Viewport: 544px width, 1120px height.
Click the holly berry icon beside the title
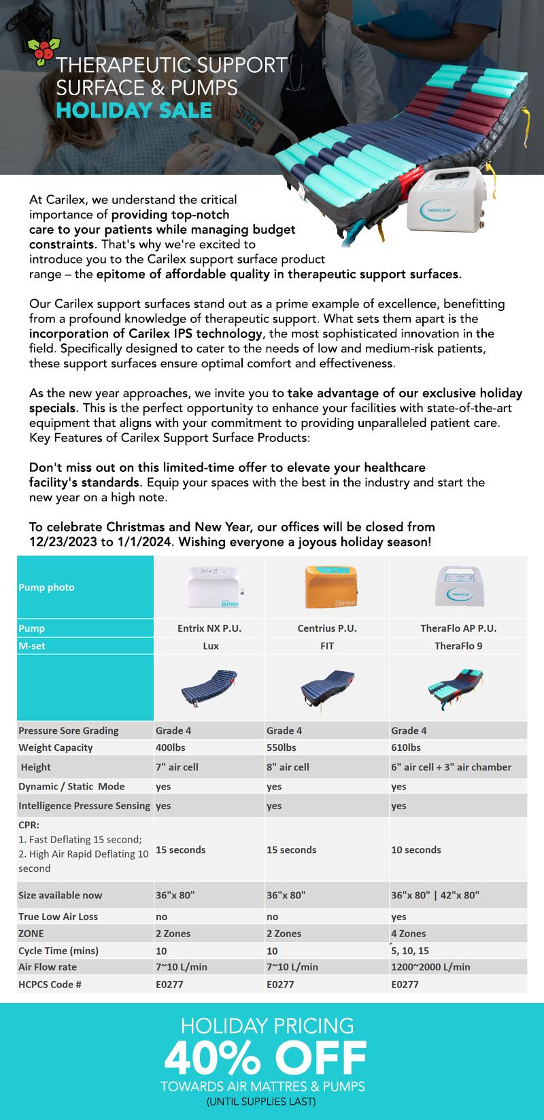click(42, 53)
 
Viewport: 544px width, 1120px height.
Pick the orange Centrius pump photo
click(327, 586)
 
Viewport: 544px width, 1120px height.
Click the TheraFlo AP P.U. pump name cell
click(458, 628)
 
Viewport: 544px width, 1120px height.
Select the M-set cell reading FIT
click(327, 645)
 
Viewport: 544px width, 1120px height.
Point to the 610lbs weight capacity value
click(406, 747)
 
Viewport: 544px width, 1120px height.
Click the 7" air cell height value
click(177, 766)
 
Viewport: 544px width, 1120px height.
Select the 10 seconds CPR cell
click(416, 849)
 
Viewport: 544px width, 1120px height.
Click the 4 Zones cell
click(409, 933)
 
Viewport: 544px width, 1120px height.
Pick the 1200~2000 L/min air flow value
click(430, 966)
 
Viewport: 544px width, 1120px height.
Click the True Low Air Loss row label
click(58, 916)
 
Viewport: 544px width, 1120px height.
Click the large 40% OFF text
click(265, 1057)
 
